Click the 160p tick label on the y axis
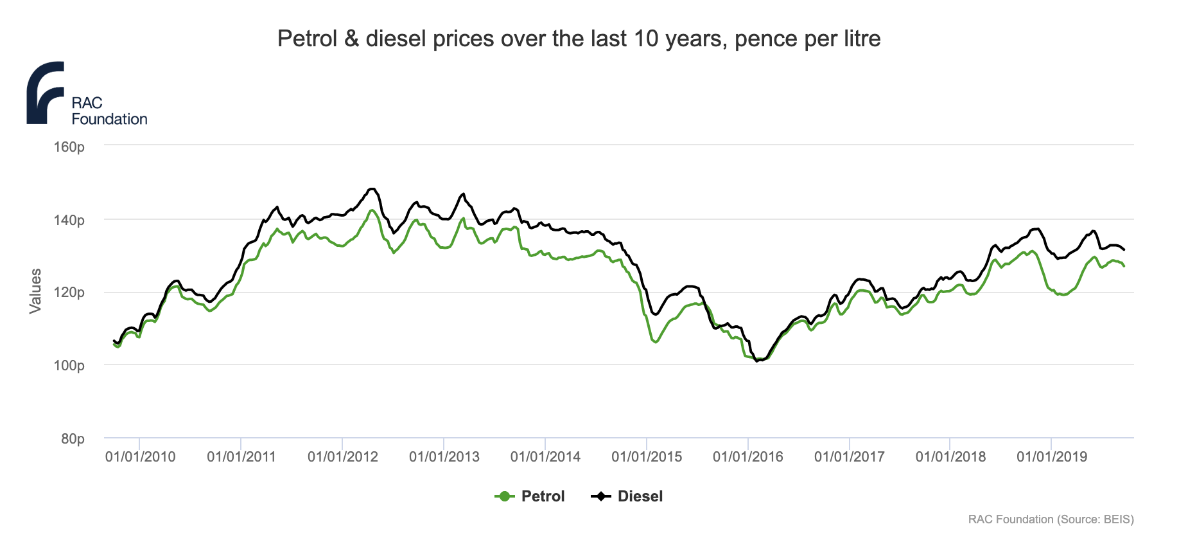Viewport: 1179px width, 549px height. [69, 147]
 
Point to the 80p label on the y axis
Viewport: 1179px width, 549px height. [73, 439]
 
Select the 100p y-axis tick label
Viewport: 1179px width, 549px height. [69, 366]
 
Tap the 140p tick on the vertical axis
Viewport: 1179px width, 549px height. [69, 221]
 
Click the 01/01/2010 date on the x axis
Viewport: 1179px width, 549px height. [140, 457]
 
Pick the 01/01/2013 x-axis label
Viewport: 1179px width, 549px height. [444, 457]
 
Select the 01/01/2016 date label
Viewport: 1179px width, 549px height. [748, 457]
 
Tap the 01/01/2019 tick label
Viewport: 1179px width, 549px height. [1052, 457]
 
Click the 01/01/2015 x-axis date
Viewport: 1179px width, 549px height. [647, 457]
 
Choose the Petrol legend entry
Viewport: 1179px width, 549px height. [543, 496]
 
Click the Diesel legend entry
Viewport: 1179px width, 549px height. [640, 496]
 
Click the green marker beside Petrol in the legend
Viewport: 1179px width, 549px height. [505, 496]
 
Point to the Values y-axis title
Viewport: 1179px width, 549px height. [36, 291]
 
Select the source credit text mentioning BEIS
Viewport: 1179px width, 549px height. [1051, 519]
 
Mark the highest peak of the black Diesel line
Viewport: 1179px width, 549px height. [372, 188]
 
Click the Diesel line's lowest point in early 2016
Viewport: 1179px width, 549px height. [757, 361]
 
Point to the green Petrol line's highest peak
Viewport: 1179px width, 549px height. [372, 210]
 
